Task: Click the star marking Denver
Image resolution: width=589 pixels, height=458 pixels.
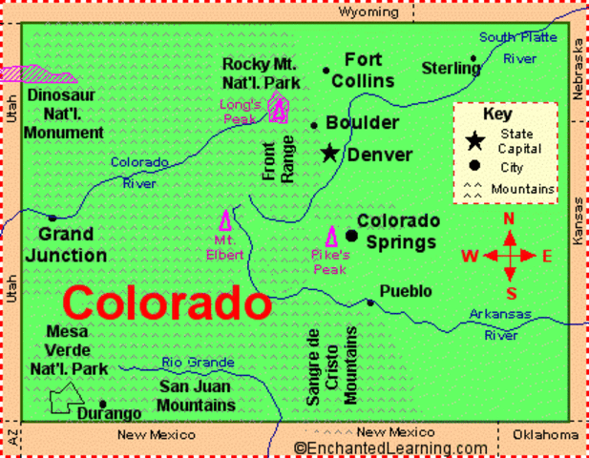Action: click(x=330, y=153)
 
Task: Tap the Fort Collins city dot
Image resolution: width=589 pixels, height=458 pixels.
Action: click(x=326, y=70)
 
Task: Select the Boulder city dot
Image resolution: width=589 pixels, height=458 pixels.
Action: click(x=314, y=125)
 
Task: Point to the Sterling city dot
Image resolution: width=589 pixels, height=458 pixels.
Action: click(x=473, y=67)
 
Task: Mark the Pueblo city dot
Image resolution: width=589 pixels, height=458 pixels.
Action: click(x=370, y=302)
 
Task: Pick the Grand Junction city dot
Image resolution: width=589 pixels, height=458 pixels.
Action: click(x=52, y=219)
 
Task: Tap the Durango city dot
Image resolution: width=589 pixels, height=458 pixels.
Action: click(x=102, y=403)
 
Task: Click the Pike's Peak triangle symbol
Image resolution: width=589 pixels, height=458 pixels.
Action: click(x=333, y=237)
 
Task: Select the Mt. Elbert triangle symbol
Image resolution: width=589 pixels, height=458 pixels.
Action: click(x=226, y=220)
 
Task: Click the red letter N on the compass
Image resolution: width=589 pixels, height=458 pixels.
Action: click(x=509, y=219)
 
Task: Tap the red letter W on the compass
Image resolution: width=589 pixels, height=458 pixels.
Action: click(x=470, y=256)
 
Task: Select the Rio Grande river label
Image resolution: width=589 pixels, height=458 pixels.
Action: click(x=198, y=363)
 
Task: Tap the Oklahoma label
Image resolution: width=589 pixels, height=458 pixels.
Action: click(x=545, y=434)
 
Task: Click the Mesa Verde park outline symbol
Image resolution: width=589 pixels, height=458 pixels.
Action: click(x=68, y=398)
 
